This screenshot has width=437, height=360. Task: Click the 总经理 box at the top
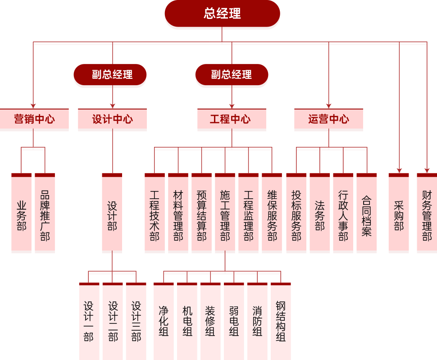click(x=222, y=14)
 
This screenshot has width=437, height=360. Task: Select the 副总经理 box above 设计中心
click(x=110, y=75)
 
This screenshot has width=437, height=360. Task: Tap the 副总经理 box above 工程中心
click(x=232, y=75)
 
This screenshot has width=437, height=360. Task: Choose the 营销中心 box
click(x=34, y=119)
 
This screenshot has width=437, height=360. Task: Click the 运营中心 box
click(x=328, y=119)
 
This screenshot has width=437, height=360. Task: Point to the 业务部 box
click(x=21, y=213)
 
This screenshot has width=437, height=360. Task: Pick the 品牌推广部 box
click(x=45, y=213)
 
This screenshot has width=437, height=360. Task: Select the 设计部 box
click(x=112, y=213)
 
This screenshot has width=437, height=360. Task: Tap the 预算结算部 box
click(x=201, y=213)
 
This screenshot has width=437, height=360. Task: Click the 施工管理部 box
click(x=225, y=213)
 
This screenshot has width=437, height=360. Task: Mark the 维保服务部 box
click(x=272, y=213)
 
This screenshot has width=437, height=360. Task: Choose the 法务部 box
click(x=319, y=213)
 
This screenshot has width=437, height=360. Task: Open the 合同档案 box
click(x=366, y=213)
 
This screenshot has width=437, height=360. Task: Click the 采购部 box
click(x=399, y=213)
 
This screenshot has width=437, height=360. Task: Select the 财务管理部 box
click(x=427, y=213)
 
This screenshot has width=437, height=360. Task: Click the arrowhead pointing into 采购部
click(x=399, y=171)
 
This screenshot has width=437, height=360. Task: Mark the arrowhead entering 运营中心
click(x=328, y=106)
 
